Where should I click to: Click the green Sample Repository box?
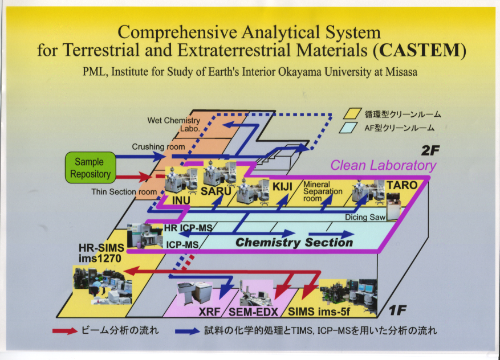90,167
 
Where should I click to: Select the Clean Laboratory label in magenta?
383,165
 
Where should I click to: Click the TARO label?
402,185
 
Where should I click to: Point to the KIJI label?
282,186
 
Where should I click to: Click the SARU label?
216,191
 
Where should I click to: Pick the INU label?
181,201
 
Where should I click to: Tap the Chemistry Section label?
294,243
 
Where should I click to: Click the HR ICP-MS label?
188,228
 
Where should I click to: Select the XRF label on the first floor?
209,312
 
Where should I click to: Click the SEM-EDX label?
254,312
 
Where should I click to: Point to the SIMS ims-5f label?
319,312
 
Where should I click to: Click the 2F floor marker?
430,150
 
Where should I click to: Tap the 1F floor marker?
397,310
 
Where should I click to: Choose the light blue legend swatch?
348,128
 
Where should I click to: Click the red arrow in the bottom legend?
65,331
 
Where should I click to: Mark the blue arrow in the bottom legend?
188,331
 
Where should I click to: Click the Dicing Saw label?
365,217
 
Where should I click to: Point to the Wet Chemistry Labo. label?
174,124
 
